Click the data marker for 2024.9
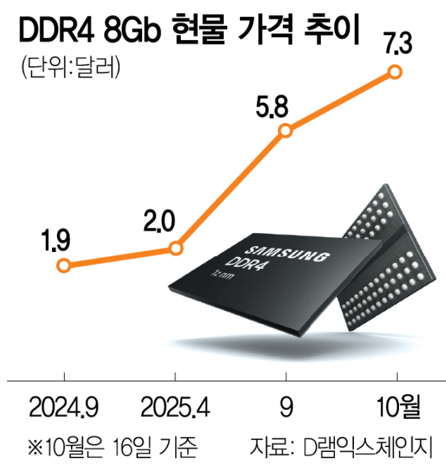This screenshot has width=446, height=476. point(63,265)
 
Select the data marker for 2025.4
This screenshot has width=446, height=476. point(177,248)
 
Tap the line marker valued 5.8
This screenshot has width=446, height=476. point(285,131)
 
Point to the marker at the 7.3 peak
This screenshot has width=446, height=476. point(395,72)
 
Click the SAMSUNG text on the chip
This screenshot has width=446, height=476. point(287,251)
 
